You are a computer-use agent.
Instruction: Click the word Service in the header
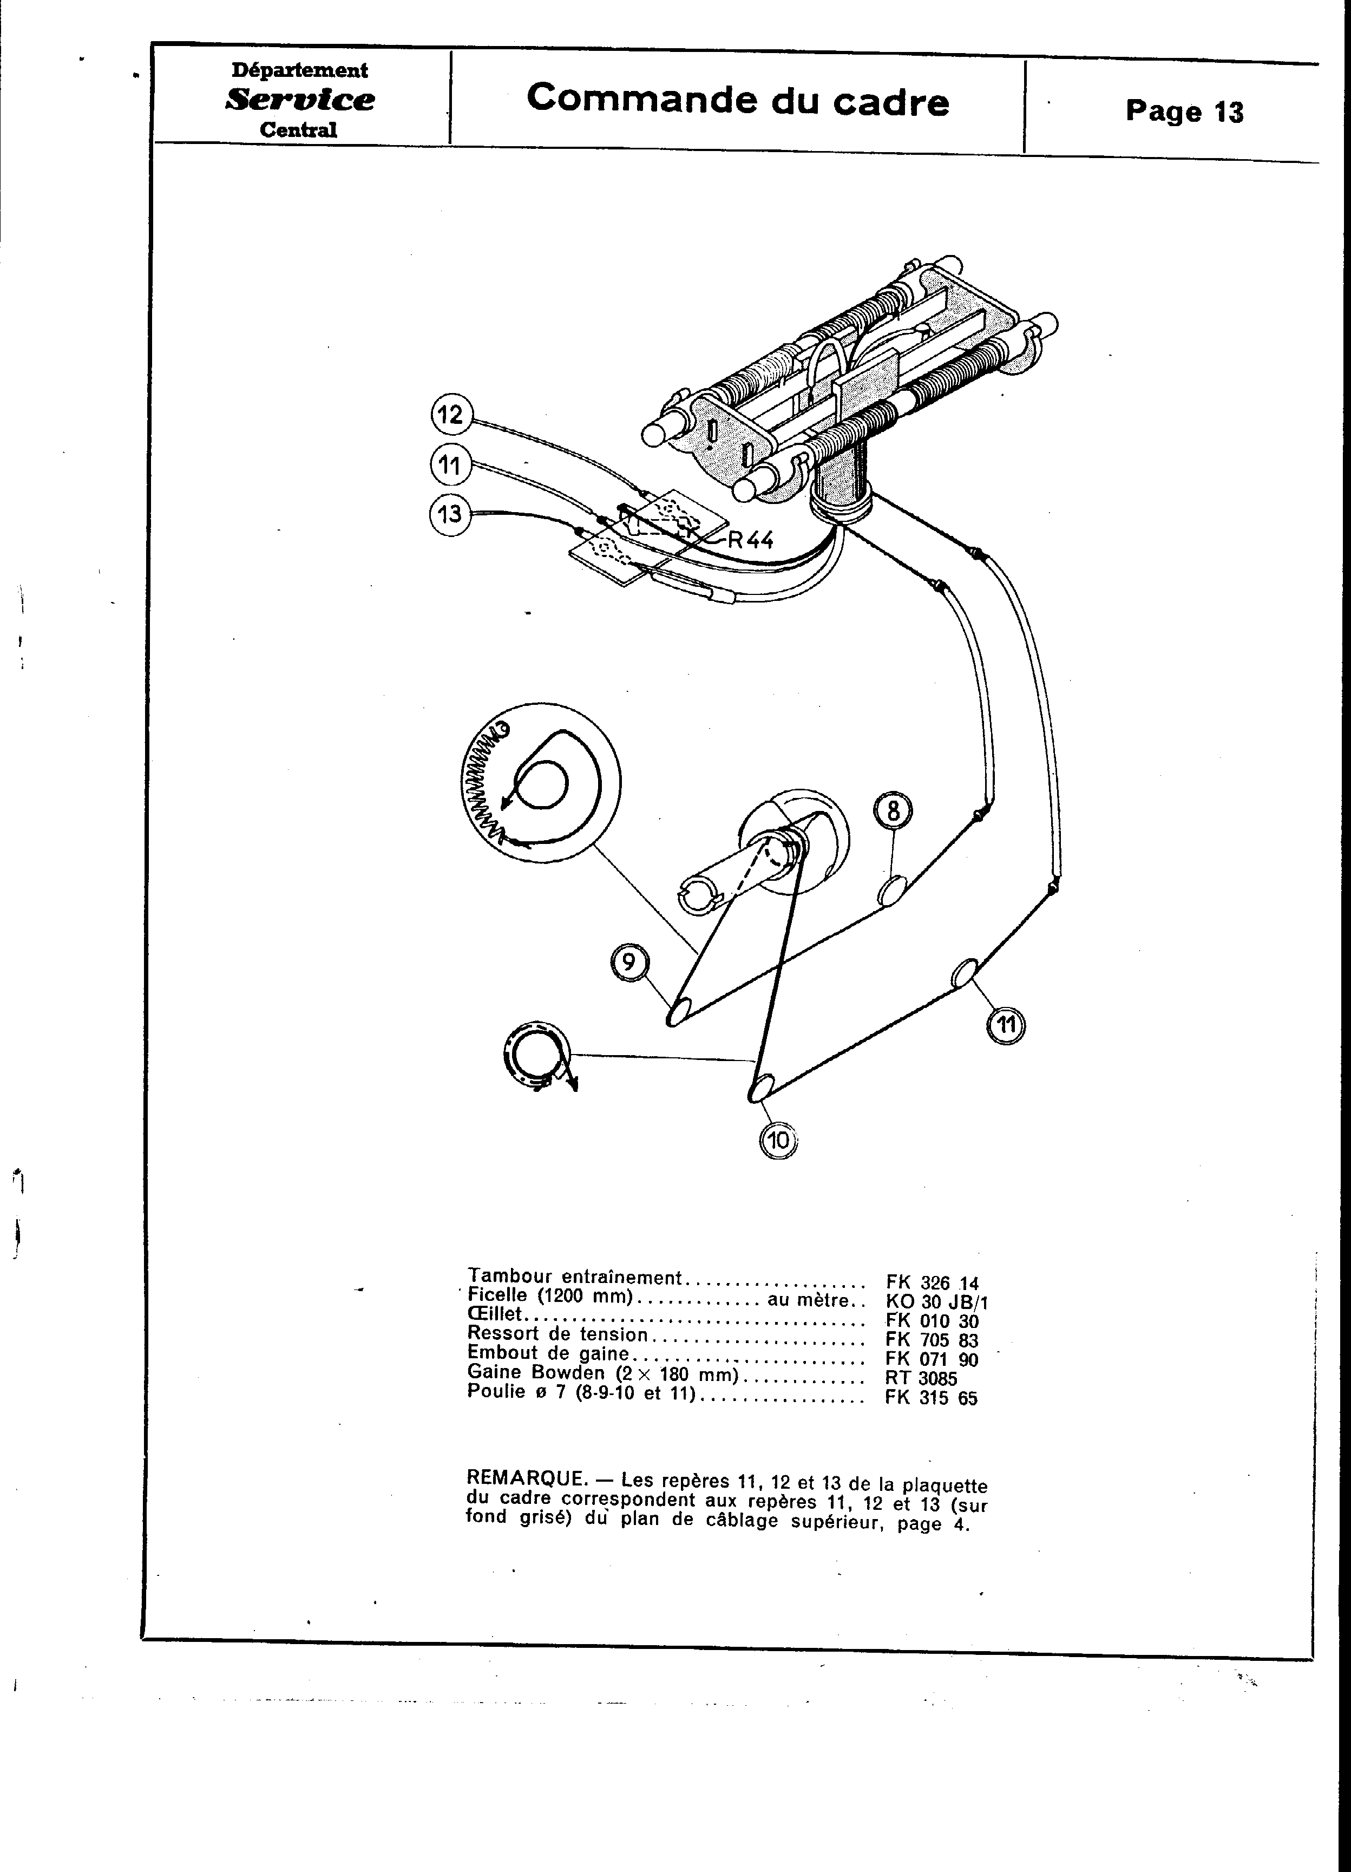299,100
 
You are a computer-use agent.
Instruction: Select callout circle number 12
451,414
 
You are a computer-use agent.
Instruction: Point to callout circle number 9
629,963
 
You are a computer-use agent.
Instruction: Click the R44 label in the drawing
749,540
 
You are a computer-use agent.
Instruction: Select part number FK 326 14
932,1282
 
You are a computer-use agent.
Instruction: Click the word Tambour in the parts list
503,1277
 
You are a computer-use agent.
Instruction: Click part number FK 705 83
932,1340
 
